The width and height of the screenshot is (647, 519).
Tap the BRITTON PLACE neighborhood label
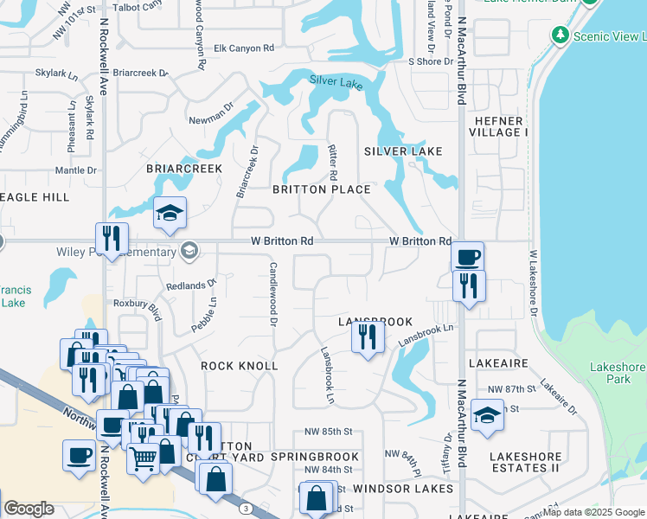(x=322, y=189)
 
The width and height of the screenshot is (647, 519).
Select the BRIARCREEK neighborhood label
(x=184, y=169)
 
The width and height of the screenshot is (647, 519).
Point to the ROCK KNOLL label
(x=240, y=366)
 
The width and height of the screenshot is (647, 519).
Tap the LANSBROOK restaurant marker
(x=368, y=336)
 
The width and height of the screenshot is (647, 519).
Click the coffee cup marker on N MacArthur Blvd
(x=468, y=257)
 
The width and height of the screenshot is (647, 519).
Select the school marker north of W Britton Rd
(x=170, y=213)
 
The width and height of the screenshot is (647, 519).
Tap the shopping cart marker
(x=143, y=459)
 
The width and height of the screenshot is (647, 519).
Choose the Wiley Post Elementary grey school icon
(x=189, y=252)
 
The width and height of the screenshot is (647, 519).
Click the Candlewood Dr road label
(x=273, y=294)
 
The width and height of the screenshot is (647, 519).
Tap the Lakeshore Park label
(x=617, y=373)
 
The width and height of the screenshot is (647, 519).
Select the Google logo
(x=29, y=509)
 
